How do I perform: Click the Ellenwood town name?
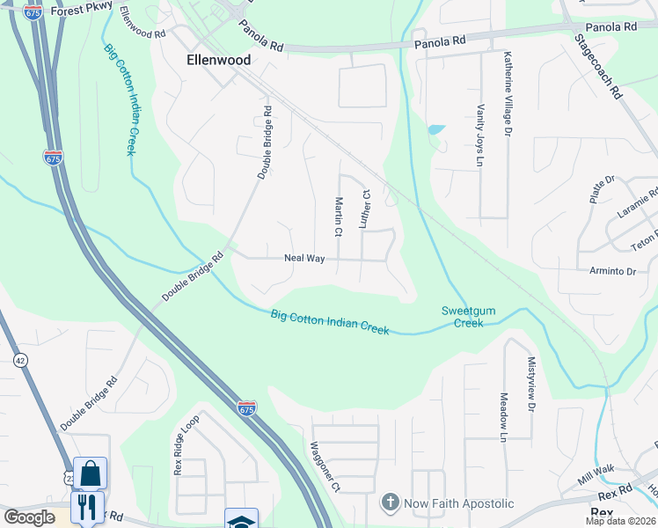click(218, 60)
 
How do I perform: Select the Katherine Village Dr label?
click(508, 93)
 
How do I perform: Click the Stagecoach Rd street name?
click(599, 66)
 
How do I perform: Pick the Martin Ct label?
click(338, 216)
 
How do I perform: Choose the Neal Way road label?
click(304, 259)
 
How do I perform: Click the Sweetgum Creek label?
click(463, 317)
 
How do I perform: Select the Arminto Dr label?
click(613, 272)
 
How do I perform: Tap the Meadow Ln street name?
click(504, 416)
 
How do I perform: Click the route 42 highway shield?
click(19, 360)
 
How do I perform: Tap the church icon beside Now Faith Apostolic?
click(390, 503)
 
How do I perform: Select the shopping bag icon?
click(90, 475)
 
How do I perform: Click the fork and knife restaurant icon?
click(87, 507)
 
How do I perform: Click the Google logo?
click(29, 517)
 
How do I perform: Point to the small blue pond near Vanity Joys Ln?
click(436, 130)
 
